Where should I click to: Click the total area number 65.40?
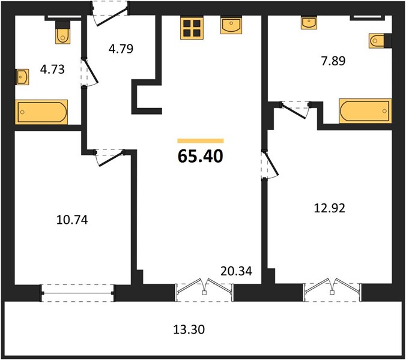coord(201,156)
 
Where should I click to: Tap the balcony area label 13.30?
coord(189,329)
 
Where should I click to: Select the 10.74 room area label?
coord(72,220)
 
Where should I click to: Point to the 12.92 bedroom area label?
coord(329,208)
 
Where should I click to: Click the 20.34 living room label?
coord(236,271)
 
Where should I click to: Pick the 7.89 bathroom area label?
coord(333,61)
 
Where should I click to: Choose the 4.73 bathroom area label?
coord(52,70)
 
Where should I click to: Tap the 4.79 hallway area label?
coord(121,49)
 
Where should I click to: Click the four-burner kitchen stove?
coord(192,28)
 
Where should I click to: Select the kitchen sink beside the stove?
coord(231,25)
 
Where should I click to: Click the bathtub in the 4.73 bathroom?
coord(41,112)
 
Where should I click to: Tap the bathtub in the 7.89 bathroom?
coord(365,110)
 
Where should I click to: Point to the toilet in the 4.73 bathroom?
coord(62,33)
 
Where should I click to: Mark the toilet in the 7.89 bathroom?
coord(380,41)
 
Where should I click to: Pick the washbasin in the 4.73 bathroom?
coord(22,77)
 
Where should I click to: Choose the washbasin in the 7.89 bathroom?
coord(309,23)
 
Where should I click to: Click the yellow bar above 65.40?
coord(201,140)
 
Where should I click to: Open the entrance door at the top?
coord(111,13)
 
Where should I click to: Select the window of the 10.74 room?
coord(77,293)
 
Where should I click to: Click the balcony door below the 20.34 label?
coord(204,290)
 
